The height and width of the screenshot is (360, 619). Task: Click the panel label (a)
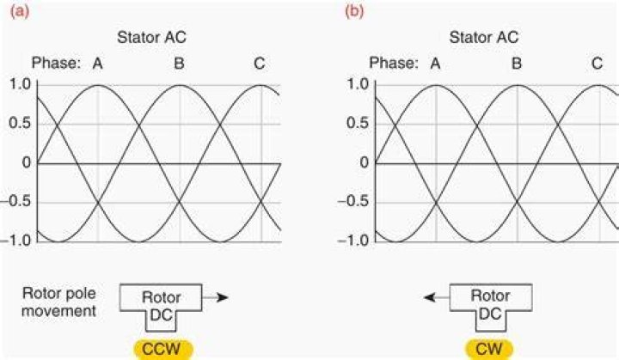coord(19,11)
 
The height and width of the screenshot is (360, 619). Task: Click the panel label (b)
coord(354,11)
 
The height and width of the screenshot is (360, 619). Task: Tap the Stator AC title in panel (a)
coord(151,38)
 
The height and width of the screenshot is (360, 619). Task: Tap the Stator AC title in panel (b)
coord(484,38)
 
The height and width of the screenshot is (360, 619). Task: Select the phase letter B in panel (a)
coord(179,64)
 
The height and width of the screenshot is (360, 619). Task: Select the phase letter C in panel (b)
coord(598,64)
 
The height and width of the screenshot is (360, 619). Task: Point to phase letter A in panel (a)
coord(97,64)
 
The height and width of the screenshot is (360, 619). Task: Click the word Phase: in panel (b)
coord(393,64)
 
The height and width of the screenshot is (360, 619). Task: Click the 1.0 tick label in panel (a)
coord(20,84)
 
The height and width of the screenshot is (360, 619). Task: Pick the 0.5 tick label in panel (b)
coord(358,123)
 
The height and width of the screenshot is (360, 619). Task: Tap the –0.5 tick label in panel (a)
coord(15,201)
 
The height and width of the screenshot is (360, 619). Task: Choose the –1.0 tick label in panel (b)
coord(353,240)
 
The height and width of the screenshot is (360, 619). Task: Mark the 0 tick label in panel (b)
coord(364,162)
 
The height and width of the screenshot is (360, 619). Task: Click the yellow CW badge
coord(489,350)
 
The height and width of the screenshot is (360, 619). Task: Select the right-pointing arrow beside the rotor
coord(215,297)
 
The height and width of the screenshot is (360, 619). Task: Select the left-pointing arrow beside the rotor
coord(437,297)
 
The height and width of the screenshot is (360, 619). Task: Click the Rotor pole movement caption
coord(58,302)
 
